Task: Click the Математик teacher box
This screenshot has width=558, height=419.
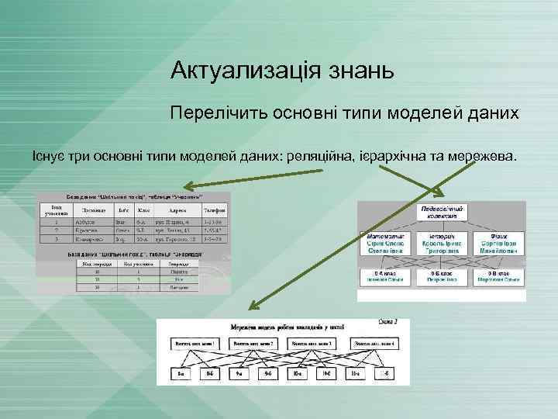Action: coord(386,244)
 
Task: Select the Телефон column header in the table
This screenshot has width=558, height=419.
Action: coord(215,209)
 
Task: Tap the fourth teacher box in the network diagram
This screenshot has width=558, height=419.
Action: coord(375,343)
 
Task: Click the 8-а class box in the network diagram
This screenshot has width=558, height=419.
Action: coord(181,375)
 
